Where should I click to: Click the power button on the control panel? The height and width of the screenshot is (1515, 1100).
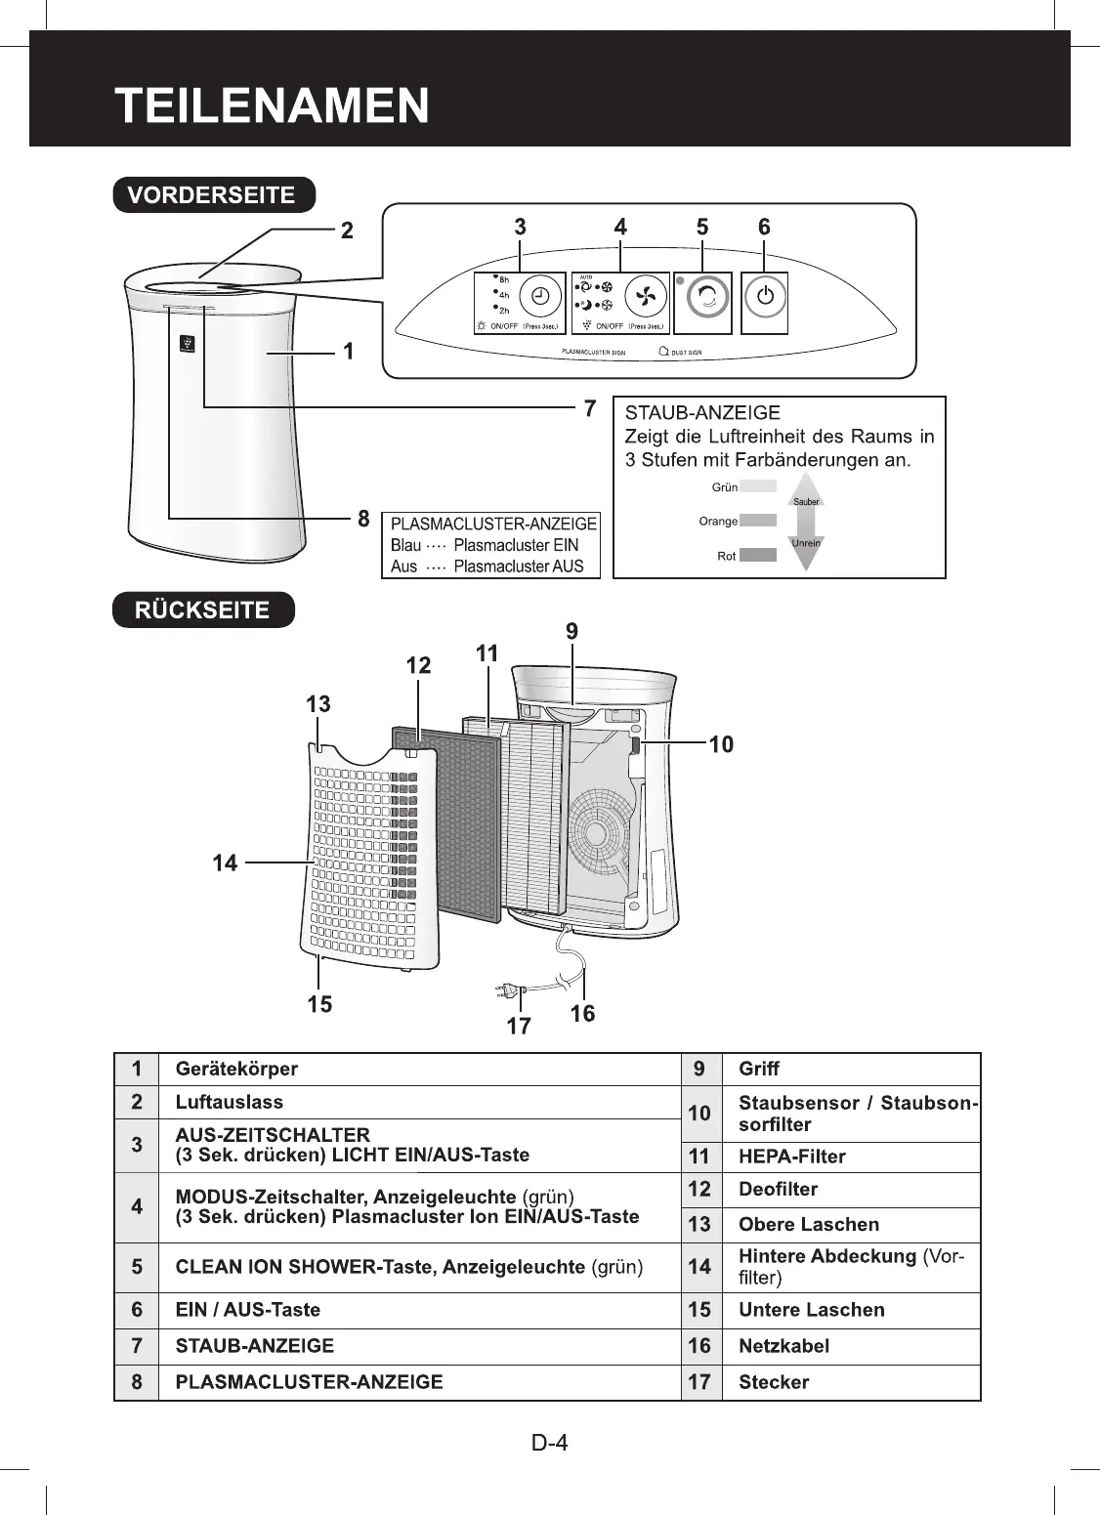pos(766,296)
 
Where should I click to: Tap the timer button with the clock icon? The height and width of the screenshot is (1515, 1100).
pos(539,296)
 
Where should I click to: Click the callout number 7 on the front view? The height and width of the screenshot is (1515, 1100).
pos(589,407)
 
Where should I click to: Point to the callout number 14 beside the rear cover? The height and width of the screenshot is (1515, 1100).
pos(226,863)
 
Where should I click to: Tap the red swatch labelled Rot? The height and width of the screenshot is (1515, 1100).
pos(758,556)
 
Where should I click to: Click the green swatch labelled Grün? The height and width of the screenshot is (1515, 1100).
pos(758,486)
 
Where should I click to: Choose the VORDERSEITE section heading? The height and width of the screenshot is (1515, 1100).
pos(213,194)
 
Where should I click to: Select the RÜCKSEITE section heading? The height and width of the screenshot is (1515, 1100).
pos(202,610)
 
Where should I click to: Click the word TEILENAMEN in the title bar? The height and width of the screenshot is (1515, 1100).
pos(272,105)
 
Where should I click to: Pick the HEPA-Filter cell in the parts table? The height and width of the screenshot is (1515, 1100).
pos(791,1157)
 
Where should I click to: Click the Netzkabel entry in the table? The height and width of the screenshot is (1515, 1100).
pos(783,1346)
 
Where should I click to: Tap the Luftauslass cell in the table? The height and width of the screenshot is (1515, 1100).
pos(230,1102)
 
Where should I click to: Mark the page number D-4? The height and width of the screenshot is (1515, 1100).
pos(550,1442)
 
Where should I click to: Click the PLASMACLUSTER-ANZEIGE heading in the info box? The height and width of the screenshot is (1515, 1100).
pos(492,524)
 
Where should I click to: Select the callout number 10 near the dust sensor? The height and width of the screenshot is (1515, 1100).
pos(721,744)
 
